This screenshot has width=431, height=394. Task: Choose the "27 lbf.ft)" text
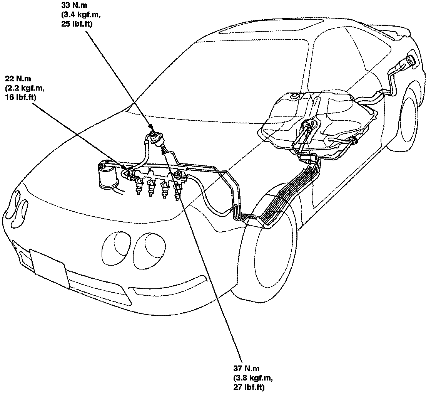point(249,387)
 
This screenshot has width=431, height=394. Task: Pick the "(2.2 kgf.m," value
point(25,88)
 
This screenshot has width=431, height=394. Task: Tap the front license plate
point(49,266)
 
